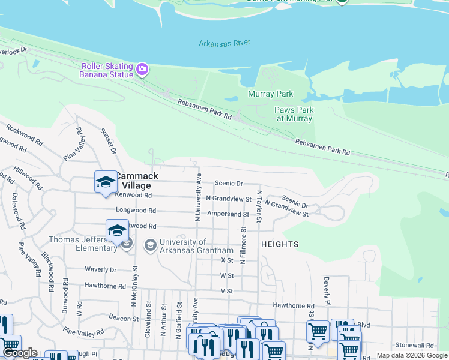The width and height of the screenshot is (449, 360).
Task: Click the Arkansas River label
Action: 224,43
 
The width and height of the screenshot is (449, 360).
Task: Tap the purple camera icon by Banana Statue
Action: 142,70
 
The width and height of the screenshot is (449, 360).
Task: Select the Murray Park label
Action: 270,94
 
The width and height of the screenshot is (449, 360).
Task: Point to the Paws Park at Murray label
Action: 294,114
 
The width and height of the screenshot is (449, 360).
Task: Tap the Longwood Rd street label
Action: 136,211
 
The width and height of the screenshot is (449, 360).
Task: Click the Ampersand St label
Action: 228,214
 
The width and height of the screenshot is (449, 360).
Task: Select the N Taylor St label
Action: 259,207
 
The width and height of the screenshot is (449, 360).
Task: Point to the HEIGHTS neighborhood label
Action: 280,244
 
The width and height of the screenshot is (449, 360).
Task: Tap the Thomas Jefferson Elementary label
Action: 83,244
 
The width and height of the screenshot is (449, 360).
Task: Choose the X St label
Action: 226,260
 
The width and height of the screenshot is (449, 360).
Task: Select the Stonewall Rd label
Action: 414,346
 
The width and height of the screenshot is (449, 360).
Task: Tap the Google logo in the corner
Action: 20,353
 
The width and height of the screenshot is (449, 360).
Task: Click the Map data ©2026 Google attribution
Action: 411,355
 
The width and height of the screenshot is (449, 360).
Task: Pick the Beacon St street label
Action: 124,316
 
